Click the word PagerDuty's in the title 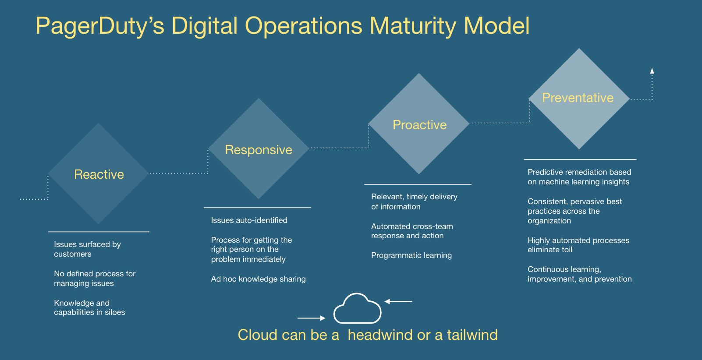100,26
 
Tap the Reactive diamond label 99,174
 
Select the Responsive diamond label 259,150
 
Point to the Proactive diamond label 420,125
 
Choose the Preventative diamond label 578,98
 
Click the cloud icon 357,309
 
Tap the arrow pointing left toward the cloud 398,301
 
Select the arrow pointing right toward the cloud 312,318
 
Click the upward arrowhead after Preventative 652,71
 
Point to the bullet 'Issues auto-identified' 249,220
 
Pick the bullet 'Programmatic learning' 411,255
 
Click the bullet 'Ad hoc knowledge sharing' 258,279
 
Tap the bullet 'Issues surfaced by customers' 88,249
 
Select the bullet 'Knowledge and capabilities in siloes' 89,308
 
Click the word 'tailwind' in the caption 472,335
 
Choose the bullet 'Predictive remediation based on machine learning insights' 579,177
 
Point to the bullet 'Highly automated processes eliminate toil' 578,245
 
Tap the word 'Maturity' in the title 413,26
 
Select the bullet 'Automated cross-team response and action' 412,231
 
